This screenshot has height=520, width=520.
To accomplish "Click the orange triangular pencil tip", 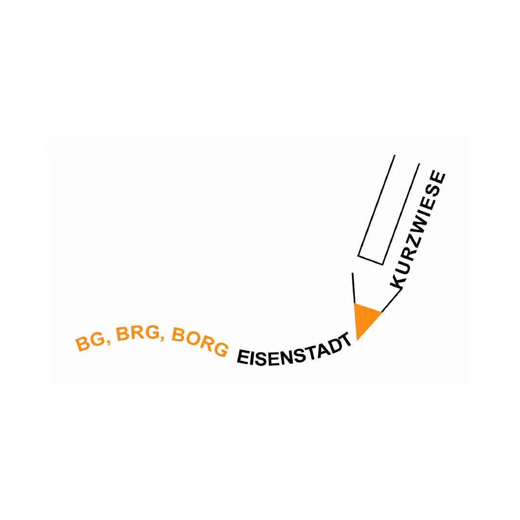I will [365, 319].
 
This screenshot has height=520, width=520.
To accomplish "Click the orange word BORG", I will [200, 341].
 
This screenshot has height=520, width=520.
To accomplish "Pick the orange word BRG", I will [137, 332].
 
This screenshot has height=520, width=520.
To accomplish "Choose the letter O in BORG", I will [193, 338].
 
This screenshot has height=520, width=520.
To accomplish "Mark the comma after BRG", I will [162, 338].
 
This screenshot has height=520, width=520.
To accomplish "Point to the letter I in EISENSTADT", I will [251, 357].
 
